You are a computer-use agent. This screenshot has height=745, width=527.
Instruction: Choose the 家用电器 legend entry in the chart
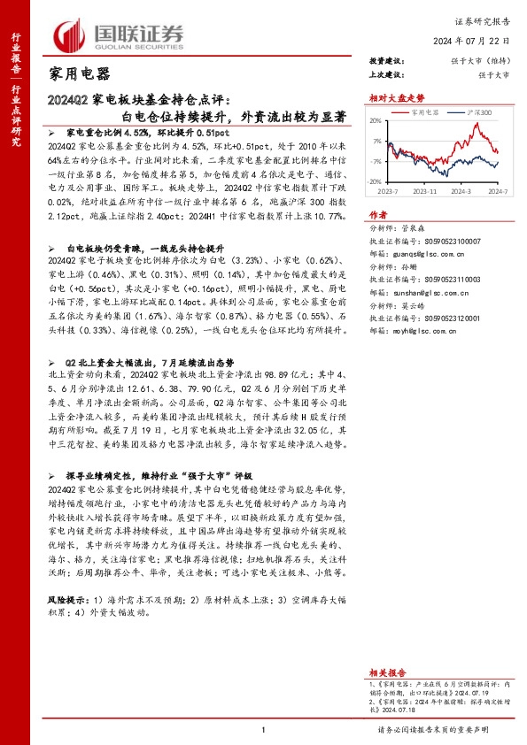426,113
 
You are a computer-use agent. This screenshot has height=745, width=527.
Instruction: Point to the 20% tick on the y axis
376,121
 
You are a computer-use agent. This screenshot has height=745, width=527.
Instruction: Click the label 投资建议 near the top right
386,61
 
